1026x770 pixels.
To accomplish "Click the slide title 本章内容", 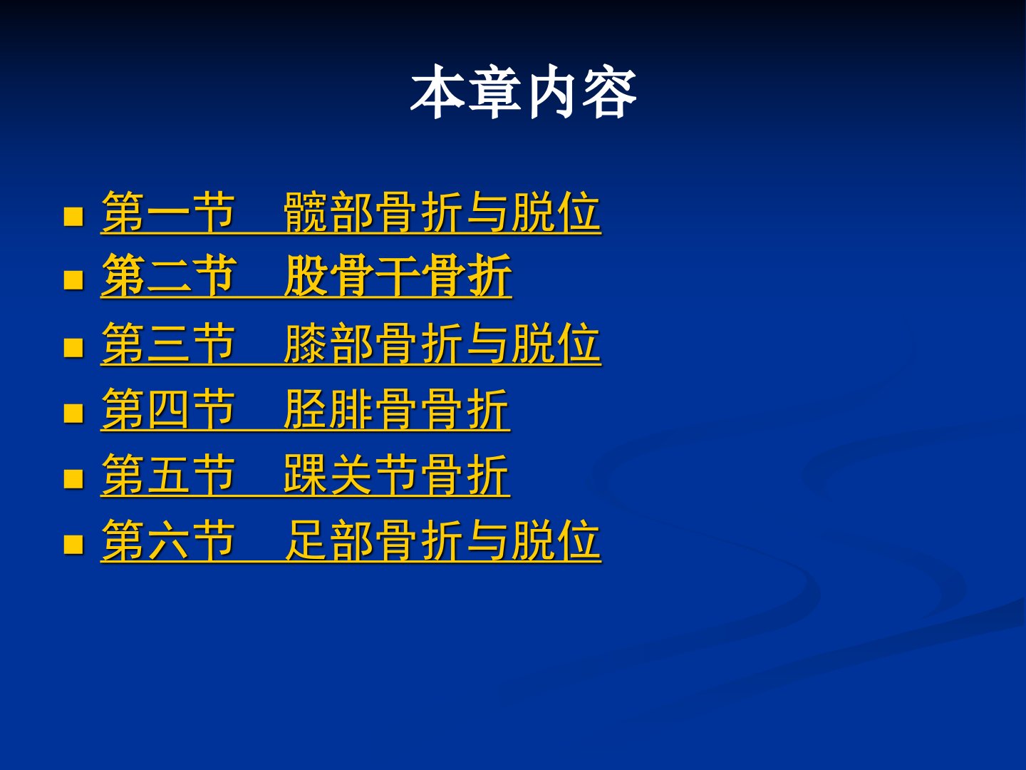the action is (x=524, y=91).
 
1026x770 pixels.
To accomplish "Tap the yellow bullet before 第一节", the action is (x=73, y=217).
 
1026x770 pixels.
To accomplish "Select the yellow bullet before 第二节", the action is (x=73, y=280).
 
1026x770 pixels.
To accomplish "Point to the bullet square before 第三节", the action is (x=73, y=347).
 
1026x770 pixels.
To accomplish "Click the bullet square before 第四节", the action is (x=73, y=413).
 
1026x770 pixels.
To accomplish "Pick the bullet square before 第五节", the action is (x=73, y=478).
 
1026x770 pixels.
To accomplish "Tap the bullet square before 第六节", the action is (x=73, y=544).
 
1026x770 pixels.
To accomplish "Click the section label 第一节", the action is (x=168, y=212).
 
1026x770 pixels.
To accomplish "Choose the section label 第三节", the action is (x=168, y=343).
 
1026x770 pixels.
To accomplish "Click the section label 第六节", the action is (x=168, y=539).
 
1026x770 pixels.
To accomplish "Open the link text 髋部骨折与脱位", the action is (x=442, y=212).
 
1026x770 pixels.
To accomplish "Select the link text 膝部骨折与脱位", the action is (x=442, y=343).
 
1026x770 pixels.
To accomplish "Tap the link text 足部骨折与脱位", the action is (x=442, y=539).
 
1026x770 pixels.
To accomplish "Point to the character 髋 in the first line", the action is (x=305, y=212).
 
